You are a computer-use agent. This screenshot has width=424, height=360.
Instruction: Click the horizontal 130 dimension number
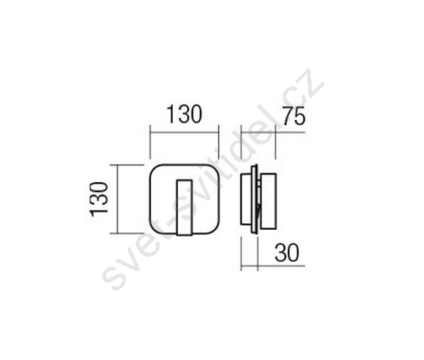tap(184, 114)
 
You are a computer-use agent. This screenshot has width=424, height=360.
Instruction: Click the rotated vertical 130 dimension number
tap(99, 199)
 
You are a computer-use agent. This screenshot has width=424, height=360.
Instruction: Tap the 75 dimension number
tap(293, 117)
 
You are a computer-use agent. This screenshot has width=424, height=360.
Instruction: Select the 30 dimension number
tap(287, 253)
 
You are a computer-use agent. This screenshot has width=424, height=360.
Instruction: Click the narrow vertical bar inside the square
tap(185, 207)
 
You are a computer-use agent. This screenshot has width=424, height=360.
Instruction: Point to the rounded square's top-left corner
tap(154, 169)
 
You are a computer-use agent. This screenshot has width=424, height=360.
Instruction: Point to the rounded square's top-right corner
tap(216, 169)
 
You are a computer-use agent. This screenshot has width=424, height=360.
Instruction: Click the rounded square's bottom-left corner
tap(154, 230)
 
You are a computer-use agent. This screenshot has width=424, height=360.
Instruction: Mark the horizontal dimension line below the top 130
tap(184, 132)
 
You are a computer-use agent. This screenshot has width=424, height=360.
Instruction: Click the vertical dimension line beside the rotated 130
tap(118, 199)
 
